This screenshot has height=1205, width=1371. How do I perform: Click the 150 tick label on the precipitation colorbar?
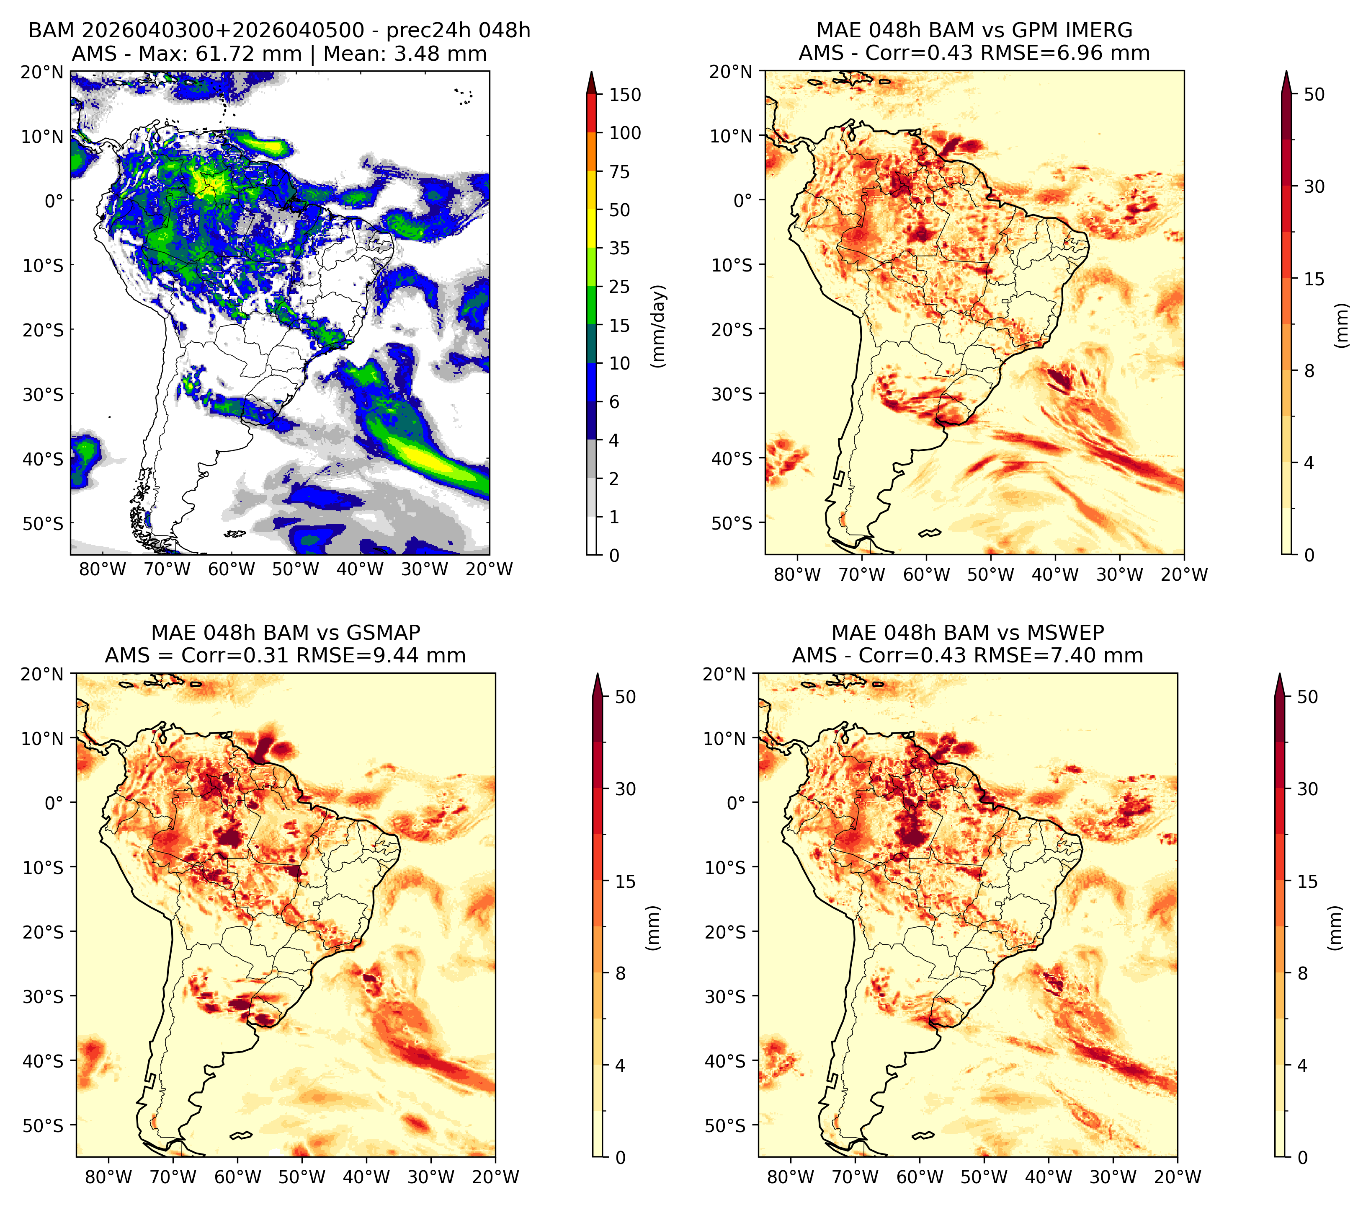point(624,95)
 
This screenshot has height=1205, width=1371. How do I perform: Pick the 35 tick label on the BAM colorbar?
point(619,248)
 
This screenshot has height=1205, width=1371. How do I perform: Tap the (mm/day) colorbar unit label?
point(660,326)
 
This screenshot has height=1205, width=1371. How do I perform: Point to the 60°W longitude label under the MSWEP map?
point(920,1177)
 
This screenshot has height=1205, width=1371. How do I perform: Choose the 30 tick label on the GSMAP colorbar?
point(625,789)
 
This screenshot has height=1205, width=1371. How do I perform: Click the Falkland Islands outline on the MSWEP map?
point(923,1136)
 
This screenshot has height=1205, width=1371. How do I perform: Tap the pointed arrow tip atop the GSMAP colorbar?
point(598,674)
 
